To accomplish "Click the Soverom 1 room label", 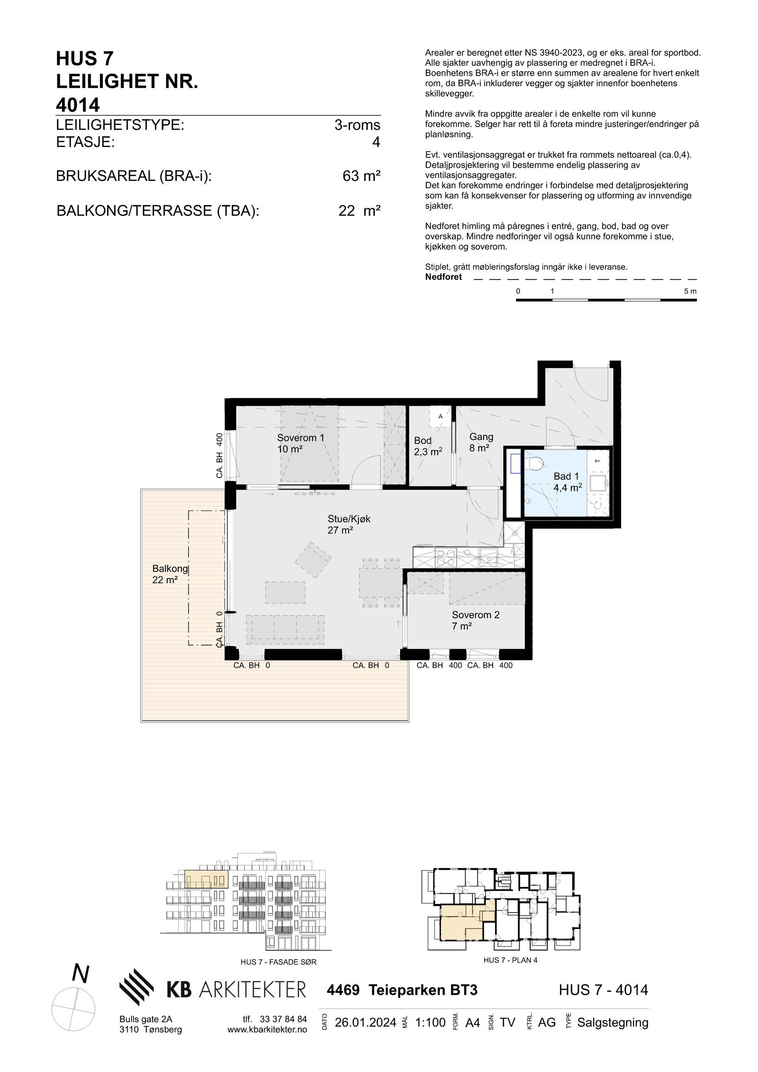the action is pos(300,443).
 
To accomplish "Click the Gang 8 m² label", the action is pos(481,442).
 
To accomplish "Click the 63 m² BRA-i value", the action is pos(361,176).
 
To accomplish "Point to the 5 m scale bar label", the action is pos(690,291).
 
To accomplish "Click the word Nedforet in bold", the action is pos(443,277).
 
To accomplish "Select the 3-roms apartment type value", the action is pos(357,125).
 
